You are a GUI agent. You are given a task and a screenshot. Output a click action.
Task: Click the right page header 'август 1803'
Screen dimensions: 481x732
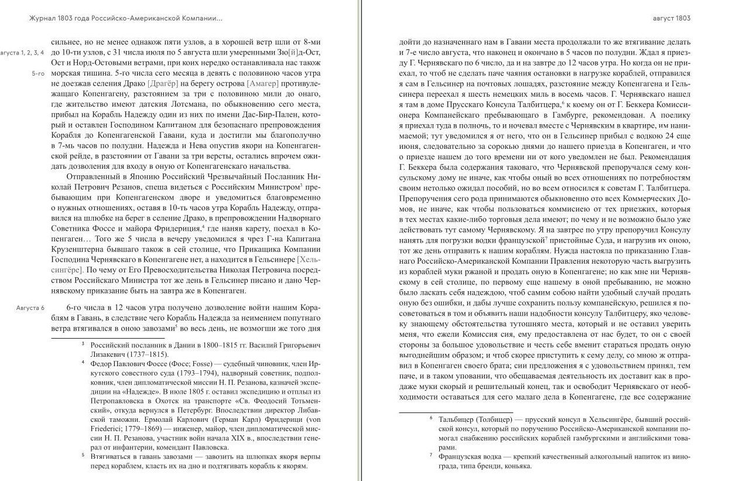pyautogui.click(x=672, y=18)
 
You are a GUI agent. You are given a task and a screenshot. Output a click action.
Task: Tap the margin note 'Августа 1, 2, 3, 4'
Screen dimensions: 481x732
pyautogui.click(x=22, y=53)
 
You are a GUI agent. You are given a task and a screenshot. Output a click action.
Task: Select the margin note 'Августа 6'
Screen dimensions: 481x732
pyautogui.click(x=30, y=308)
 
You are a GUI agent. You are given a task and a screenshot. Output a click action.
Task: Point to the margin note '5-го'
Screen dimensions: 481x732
pyautogui.click(x=38, y=74)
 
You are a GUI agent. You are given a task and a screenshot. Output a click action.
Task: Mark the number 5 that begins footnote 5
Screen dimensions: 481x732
pyautogui.click(x=83, y=455)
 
